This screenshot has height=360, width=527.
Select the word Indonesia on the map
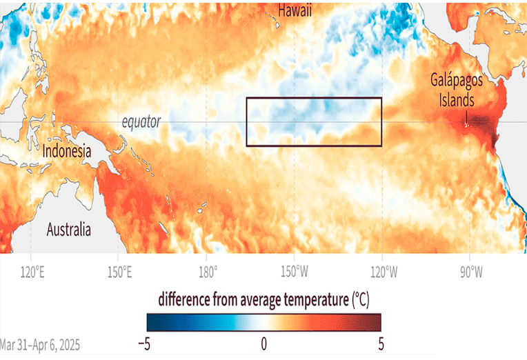pyautogui.click(x=67, y=151)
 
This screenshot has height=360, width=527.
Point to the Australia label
pyautogui.click(x=70, y=230)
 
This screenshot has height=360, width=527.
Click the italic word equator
pyautogui.click(x=141, y=122)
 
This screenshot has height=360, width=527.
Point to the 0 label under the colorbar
pyautogui.click(x=263, y=343)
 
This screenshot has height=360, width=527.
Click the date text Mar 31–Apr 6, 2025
pyautogui.click(x=40, y=343)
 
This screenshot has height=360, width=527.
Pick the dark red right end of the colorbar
pyautogui.click(x=376, y=322)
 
